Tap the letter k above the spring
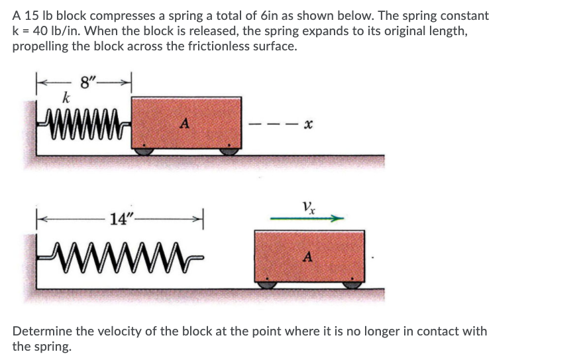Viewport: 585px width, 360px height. (66, 97)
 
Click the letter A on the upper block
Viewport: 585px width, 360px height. (186, 122)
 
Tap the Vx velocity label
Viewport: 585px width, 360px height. (309, 206)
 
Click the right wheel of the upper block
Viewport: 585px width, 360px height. (229, 151)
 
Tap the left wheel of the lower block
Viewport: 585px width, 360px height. (266, 284)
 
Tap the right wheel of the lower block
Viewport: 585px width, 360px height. (352, 284)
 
